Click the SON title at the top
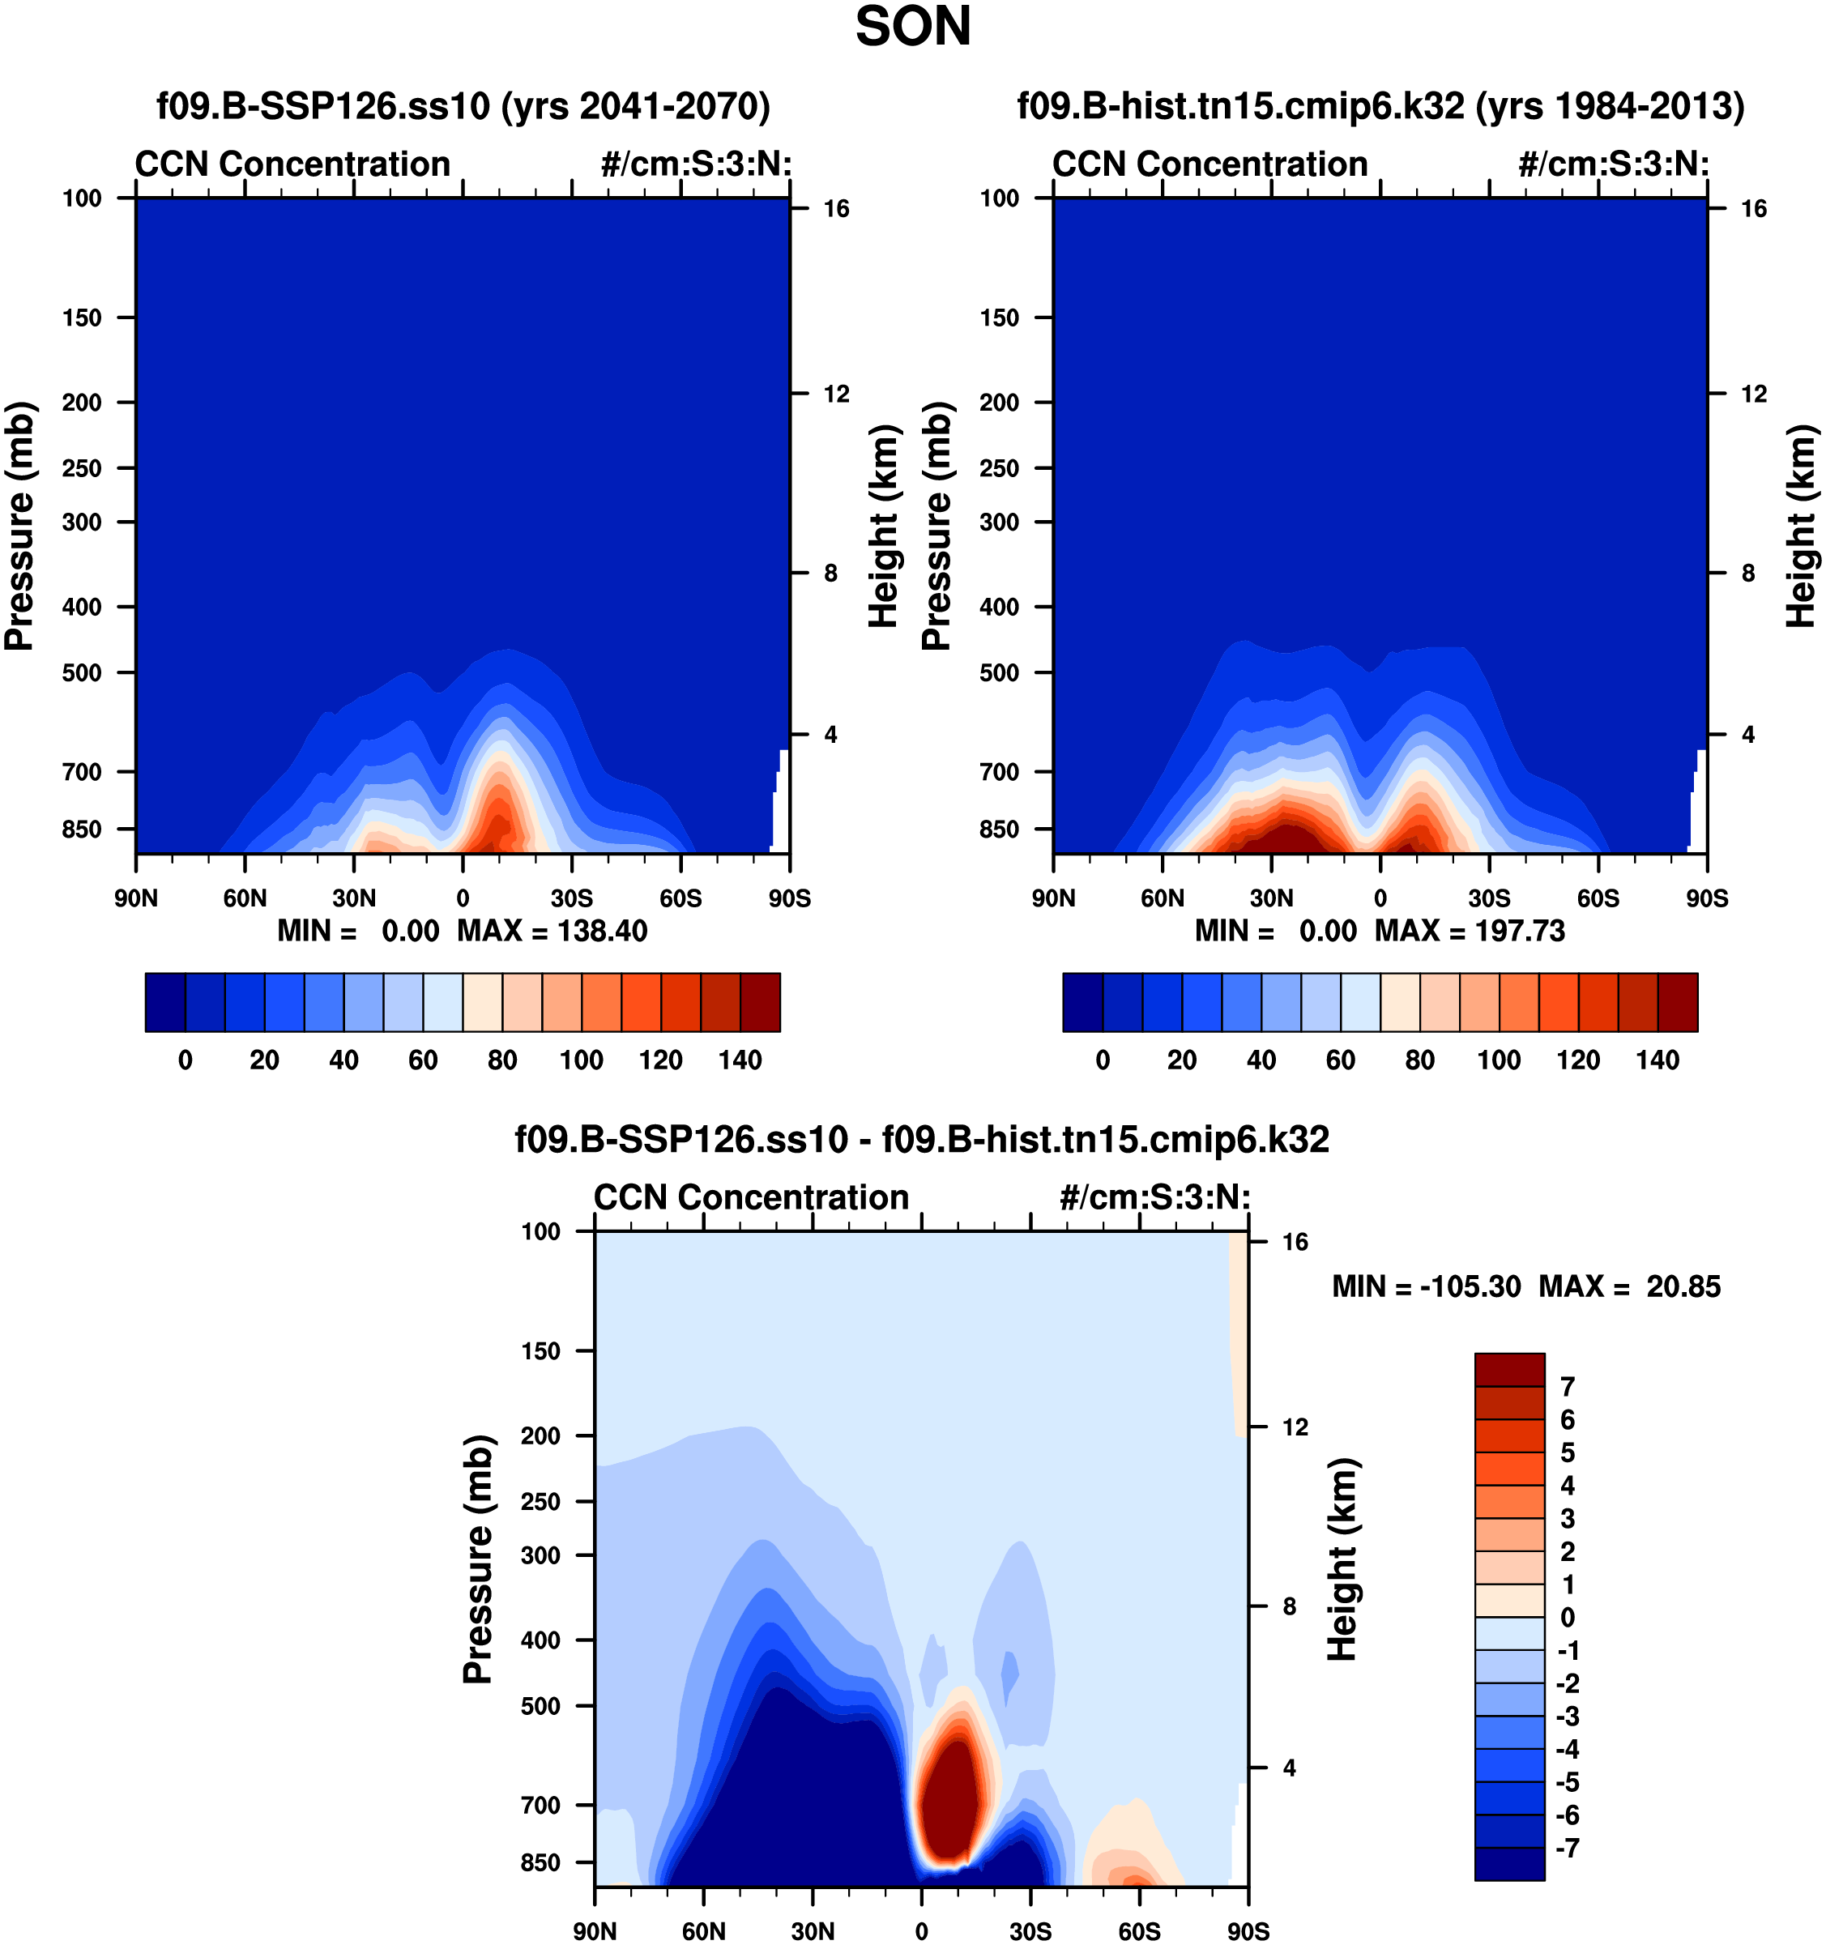click(912, 28)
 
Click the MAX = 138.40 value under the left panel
click(552, 931)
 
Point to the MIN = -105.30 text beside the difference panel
click(1426, 1286)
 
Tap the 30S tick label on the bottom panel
click(1030, 1930)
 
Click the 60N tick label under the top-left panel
click(245, 898)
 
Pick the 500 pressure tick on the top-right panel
click(999, 673)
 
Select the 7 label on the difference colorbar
click(1568, 1386)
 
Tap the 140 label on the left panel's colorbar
click(740, 1060)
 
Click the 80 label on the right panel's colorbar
click(1420, 1060)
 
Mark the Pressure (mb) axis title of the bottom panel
click(477, 1559)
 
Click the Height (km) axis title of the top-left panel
click(883, 527)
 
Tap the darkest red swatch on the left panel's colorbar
click(761, 1002)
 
